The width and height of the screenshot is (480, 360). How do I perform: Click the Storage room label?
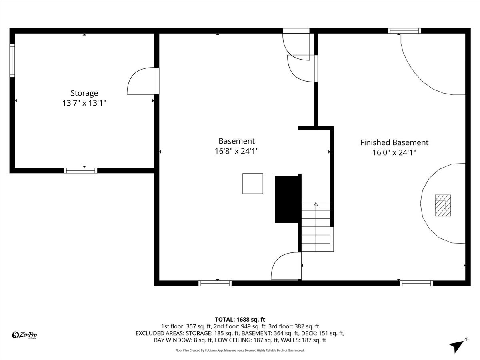[x=84, y=93]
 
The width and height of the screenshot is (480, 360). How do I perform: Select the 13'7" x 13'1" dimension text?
[x=84, y=103]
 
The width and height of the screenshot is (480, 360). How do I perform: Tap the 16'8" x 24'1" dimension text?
[x=236, y=151]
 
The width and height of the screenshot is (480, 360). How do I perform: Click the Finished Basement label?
[x=394, y=142]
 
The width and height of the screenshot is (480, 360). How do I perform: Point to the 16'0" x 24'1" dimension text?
[x=394, y=152]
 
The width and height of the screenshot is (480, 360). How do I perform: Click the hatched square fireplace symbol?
[x=443, y=205]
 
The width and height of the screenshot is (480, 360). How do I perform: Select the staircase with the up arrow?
[x=316, y=227]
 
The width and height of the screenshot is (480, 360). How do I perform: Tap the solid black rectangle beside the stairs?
[x=287, y=199]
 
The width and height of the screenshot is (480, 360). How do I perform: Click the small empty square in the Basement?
[x=253, y=184]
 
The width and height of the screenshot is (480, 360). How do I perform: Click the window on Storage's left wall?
[x=12, y=60]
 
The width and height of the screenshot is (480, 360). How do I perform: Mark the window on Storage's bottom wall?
[x=80, y=170]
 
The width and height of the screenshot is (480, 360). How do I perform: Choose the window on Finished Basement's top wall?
[x=404, y=31]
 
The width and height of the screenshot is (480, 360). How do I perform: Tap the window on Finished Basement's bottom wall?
[x=416, y=283]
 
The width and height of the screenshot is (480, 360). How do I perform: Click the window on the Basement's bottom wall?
[x=215, y=283]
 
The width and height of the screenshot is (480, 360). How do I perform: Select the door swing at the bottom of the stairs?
[x=286, y=266]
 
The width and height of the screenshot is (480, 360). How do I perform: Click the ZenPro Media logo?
[x=25, y=335]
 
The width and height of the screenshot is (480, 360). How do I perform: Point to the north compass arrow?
[x=457, y=345]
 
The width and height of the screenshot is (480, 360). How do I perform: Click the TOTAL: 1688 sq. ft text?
[x=240, y=319]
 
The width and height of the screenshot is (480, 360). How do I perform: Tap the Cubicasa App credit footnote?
[x=240, y=350]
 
